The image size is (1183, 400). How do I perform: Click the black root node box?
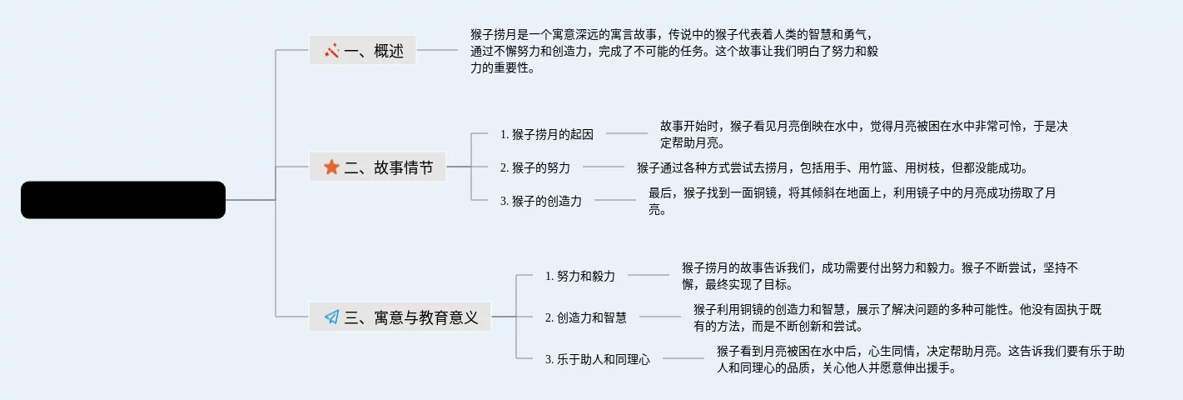pos(123,200)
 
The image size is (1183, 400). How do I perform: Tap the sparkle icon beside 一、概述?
pos(332,51)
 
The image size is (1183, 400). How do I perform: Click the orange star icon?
pos(331,167)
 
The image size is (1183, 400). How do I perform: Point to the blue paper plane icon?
pos(331,317)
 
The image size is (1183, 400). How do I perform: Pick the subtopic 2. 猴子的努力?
pos(534,167)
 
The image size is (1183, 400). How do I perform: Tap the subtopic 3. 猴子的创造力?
pos(540,200)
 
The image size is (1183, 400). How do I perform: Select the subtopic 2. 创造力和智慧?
pos(585,317)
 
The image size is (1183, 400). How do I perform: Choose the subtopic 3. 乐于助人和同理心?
pos(597,359)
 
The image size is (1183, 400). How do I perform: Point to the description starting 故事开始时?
pos(863,133)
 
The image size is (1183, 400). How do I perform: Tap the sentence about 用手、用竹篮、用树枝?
pos(832,167)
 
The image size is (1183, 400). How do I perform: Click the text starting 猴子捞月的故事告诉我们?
pos(880,275)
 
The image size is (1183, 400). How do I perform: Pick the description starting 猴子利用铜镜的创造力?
pos(897,317)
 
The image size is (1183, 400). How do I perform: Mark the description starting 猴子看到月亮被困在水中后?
pos(921,359)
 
